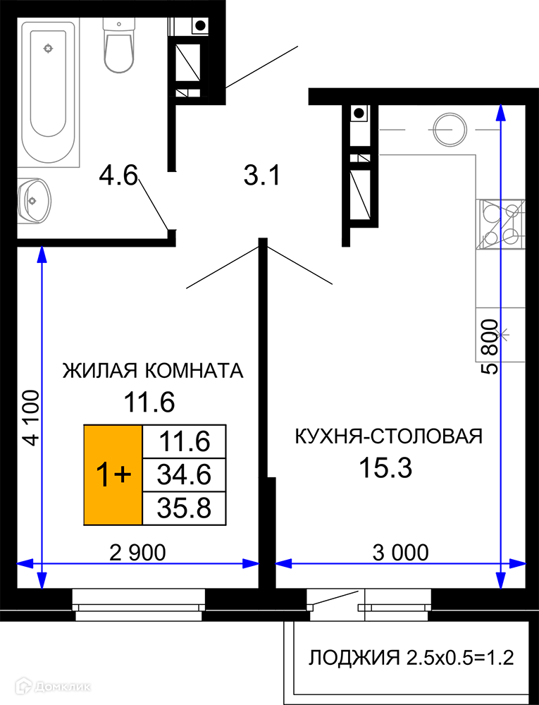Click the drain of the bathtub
click(x=48, y=49)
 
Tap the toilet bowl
click(x=118, y=53)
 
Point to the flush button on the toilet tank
click(x=118, y=24)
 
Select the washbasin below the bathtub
click(x=34, y=200)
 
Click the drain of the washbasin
click(x=32, y=201)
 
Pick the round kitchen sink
click(x=450, y=130)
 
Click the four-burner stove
click(x=500, y=224)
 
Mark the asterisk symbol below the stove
click(x=500, y=334)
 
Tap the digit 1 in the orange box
click(x=103, y=475)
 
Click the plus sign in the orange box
click(x=123, y=474)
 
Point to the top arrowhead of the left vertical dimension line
click(x=42, y=254)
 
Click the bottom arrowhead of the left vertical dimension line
click(x=42, y=581)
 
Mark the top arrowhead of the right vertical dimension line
click(x=500, y=112)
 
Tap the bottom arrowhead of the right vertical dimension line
click(x=500, y=581)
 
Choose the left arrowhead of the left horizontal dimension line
click(x=25, y=563)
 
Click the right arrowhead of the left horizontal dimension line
click(x=251, y=563)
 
